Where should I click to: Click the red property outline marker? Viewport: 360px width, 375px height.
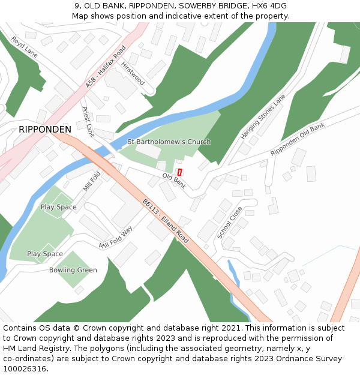[x=179, y=172]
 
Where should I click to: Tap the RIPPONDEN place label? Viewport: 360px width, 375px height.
[x=45, y=129]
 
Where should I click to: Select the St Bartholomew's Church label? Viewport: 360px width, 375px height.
[x=169, y=142]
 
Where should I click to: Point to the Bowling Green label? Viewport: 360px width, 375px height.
[x=73, y=270]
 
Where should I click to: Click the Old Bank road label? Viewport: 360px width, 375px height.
[x=174, y=181]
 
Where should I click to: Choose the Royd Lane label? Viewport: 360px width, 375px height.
[x=25, y=46]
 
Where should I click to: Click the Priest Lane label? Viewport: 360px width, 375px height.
[x=88, y=122]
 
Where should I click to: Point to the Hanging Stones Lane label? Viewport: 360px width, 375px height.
[x=263, y=116]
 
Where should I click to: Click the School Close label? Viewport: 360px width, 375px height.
[x=229, y=223]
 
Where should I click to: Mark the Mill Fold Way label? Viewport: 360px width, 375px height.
[x=116, y=238]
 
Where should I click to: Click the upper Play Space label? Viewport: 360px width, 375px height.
[x=59, y=207]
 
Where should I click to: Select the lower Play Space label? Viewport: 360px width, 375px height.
[x=45, y=254]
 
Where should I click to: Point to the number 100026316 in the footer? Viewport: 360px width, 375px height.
[x=25, y=368]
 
